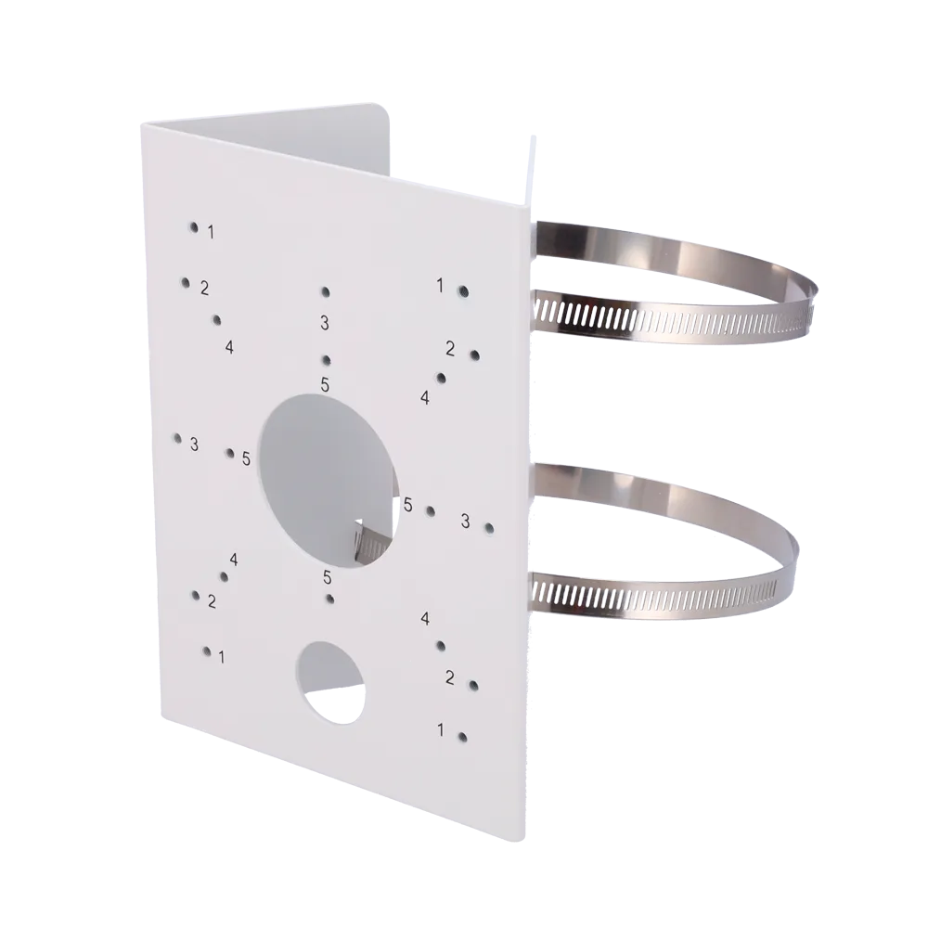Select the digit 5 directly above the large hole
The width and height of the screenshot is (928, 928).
tap(325, 385)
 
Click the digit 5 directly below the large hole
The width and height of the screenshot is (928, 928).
tap(328, 577)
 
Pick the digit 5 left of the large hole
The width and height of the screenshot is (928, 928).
tap(246, 458)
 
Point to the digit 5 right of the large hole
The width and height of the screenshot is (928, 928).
tap(407, 505)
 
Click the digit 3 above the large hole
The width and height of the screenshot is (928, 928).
tap(324, 323)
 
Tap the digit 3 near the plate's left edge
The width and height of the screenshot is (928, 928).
tap(194, 444)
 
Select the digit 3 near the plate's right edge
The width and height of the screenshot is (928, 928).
tap(465, 521)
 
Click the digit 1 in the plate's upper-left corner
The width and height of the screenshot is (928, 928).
tap(211, 233)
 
